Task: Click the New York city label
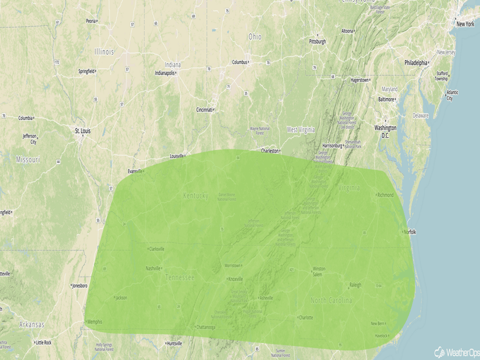(465, 24)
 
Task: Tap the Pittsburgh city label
(317, 41)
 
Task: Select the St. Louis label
(83, 131)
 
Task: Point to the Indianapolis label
(164, 73)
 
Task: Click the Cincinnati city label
(204, 110)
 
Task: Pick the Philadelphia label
(416, 63)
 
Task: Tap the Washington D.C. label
(385, 131)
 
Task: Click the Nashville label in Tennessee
(153, 268)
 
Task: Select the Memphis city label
(94, 322)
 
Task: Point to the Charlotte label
(305, 317)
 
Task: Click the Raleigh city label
(355, 285)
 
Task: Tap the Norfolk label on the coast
(410, 232)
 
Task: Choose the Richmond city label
(386, 195)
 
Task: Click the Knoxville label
(235, 279)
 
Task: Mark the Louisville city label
(176, 156)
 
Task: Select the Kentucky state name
(196, 196)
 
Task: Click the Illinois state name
(104, 52)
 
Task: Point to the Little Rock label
(43, 342)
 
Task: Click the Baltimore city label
(386, 99)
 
